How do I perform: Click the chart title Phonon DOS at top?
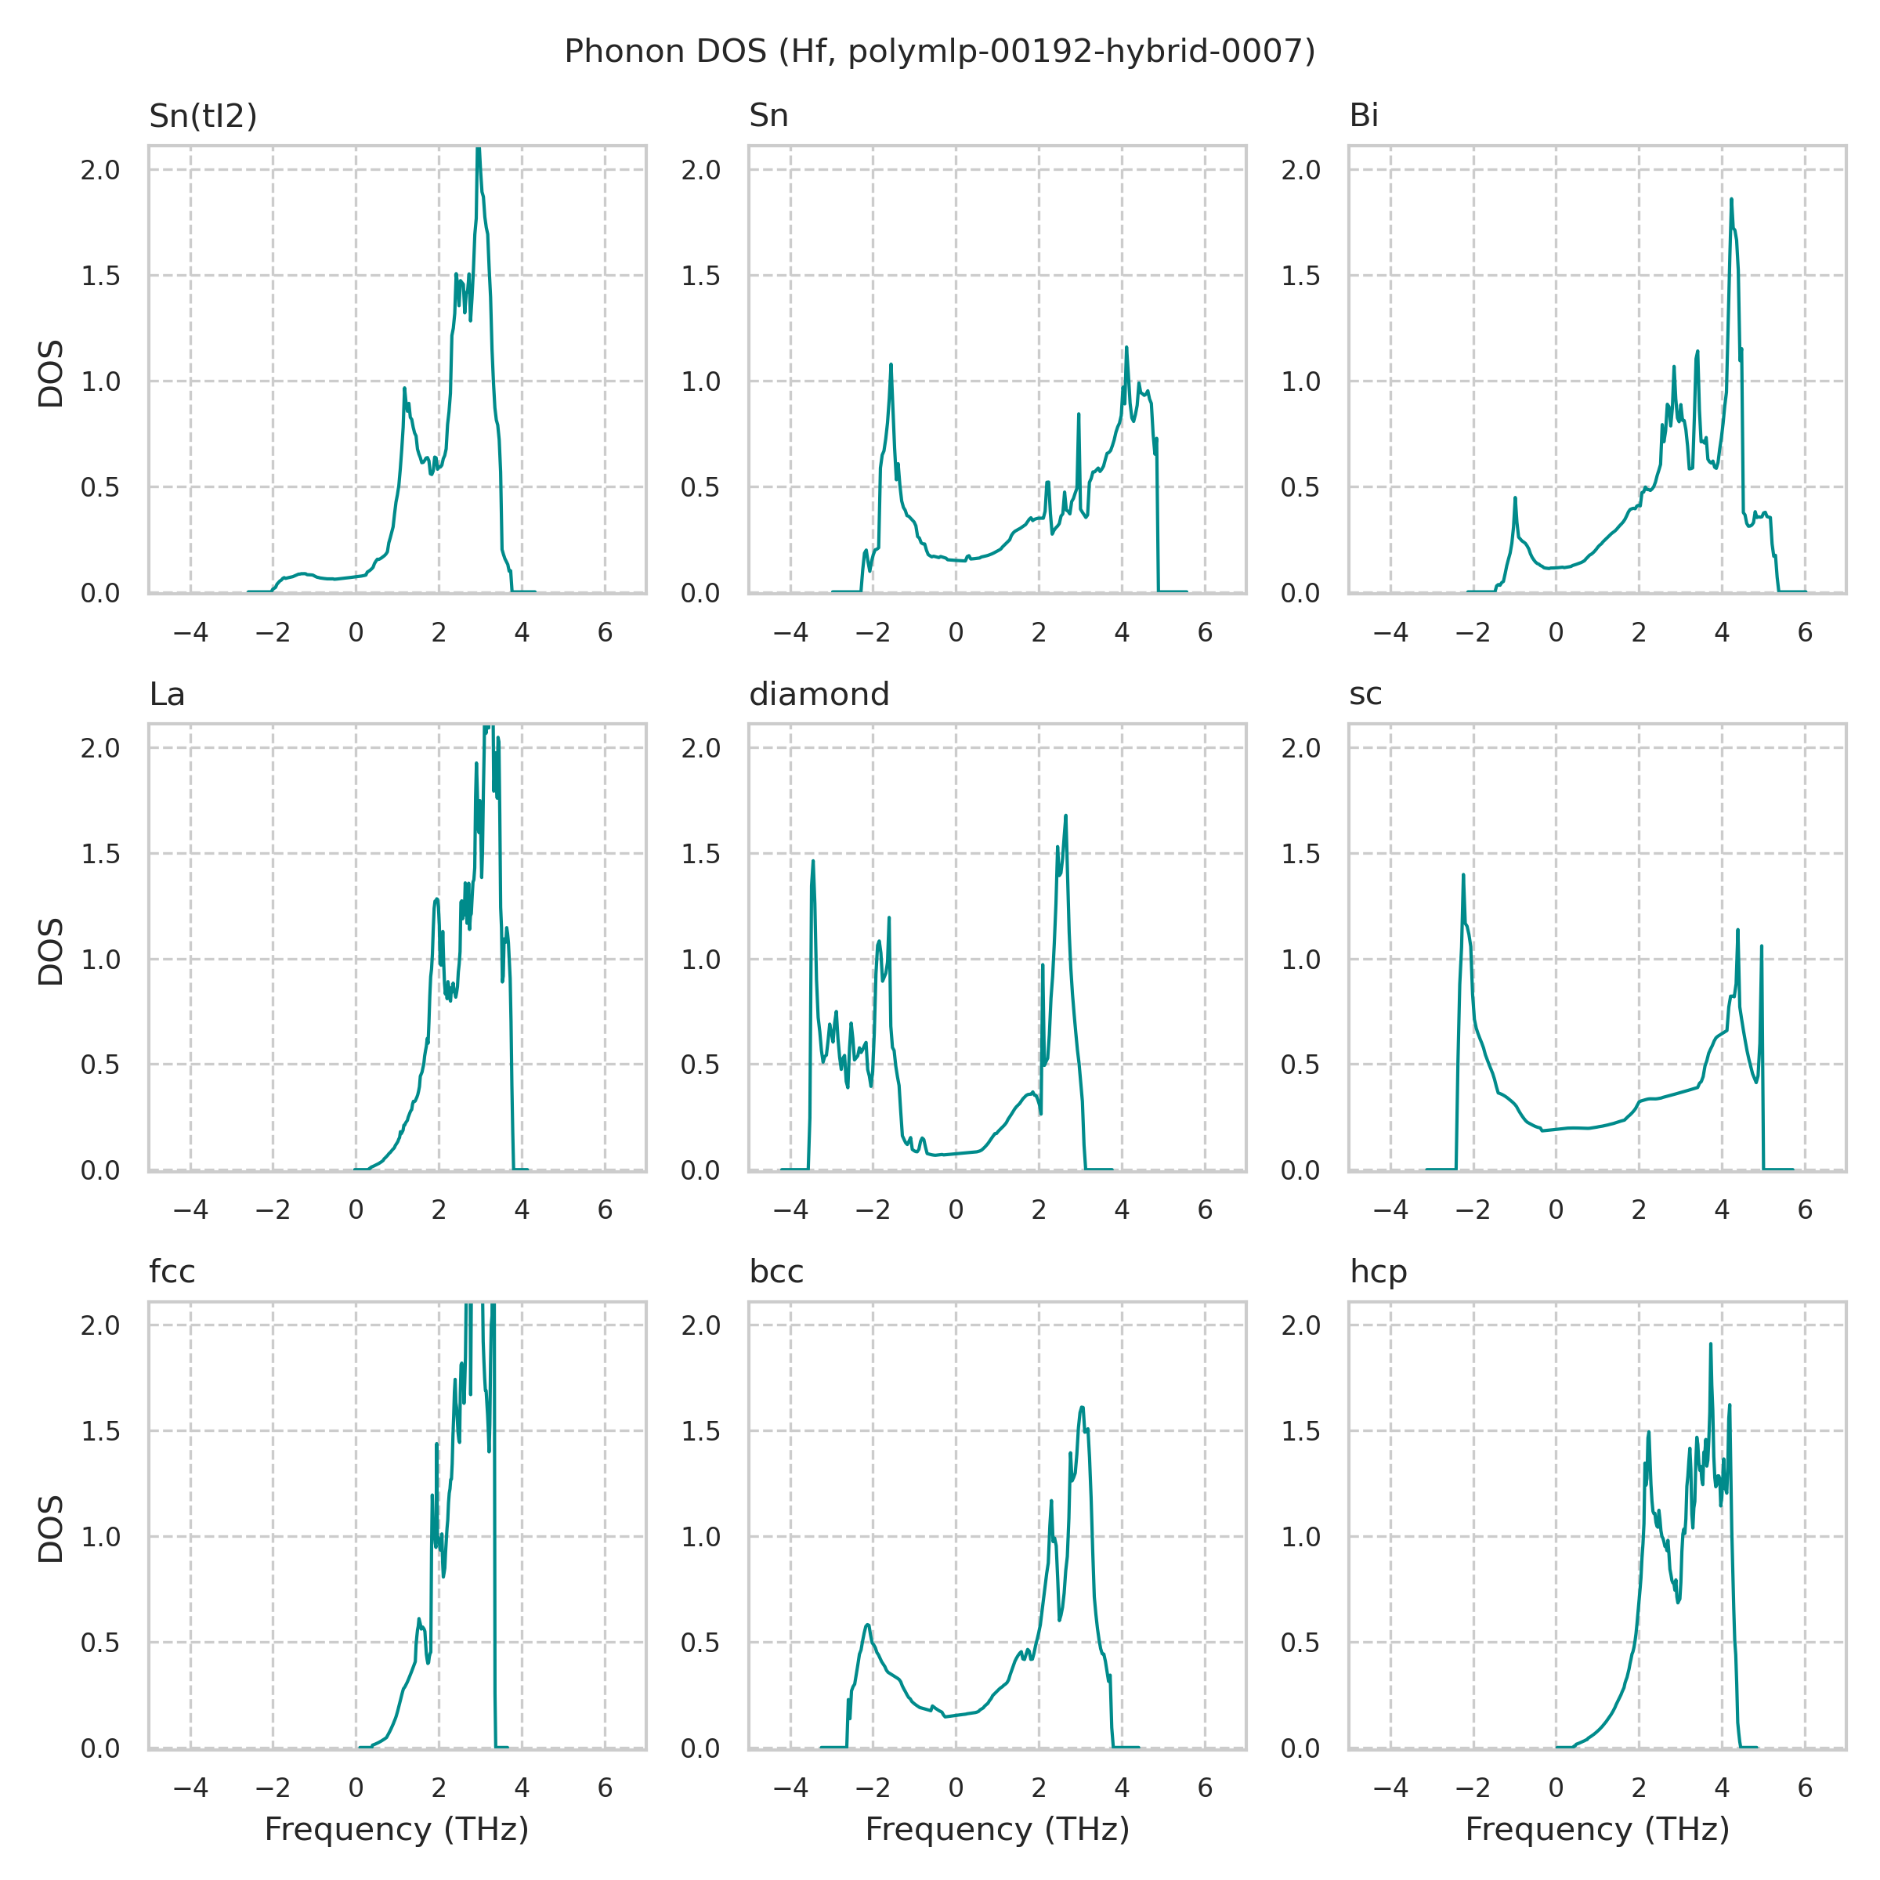pyautogui.click(x=939, y=51)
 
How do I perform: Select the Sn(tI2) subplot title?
pyautogui.click(x=202, y=116)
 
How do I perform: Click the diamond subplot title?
pyautogui.click(x=819, y=694)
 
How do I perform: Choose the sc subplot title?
pyautogui.click(x=1365, y=694)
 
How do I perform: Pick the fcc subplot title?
pyautogui.click(x=172, y=1272)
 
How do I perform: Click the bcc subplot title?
pyautogui.click(x=775, y=1272)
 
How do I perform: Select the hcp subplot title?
pyautogui.click(x=1378, y=1272)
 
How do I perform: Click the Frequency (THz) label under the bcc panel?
pyautogui.click(x=996, y=1829)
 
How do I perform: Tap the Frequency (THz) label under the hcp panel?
pyautogui.click(x=1597, y=1829)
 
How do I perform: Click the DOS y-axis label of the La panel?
pyautogui.click(x=51, y=951)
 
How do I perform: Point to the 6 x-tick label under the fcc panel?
pyautogui.click(x=606, y=1787)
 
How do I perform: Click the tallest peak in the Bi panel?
pyautogui.click(x=1731, y=200)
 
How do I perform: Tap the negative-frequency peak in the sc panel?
pyautogui.click(x=1462, y=875)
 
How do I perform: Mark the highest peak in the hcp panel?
pyautogui.click(x=1710, y=1344)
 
